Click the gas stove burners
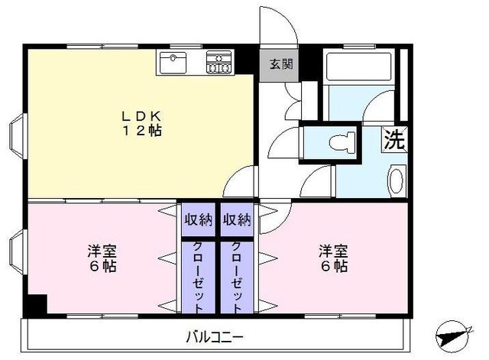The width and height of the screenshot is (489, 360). click(219, 62)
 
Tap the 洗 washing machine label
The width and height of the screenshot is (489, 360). click(393, 140)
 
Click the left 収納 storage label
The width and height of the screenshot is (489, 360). click(198, 220)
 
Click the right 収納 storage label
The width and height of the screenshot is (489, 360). click(237, 220)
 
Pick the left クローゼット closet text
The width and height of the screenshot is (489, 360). click(198, 277)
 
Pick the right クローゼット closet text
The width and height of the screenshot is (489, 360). click(237, 277)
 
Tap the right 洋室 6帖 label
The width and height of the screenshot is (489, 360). click(333, 258)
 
